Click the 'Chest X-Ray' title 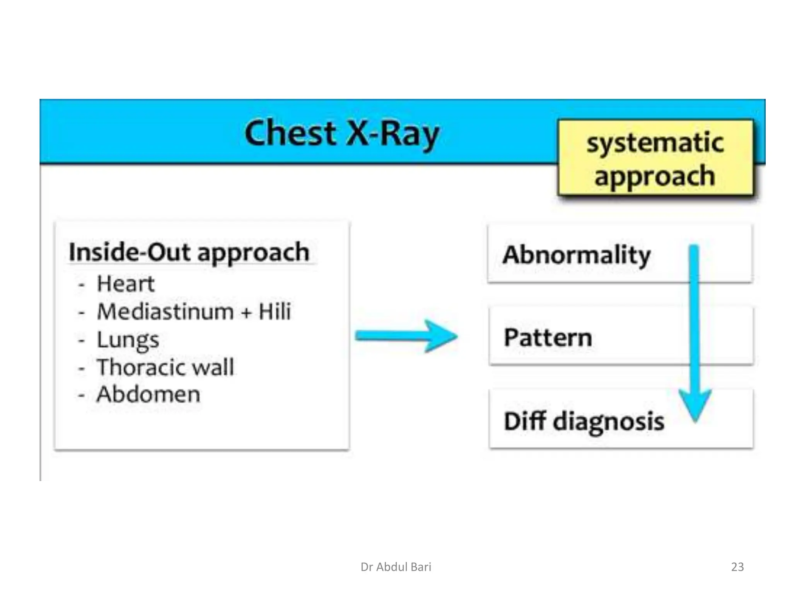coord(342,133)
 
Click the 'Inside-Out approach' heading coord(189,253)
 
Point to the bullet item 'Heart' coord(126,283)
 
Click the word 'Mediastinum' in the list coord(165,312)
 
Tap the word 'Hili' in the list coord(275,311)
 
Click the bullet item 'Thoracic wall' coord(165,367)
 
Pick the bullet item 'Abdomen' coord(148,394)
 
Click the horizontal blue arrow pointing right coord(406,336)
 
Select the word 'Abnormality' coord(576,255)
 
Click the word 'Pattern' coord(548,338)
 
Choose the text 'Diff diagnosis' coord(584,421)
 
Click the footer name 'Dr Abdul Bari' coord(396,567)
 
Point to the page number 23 coord(737,567)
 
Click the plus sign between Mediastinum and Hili coord(246,313)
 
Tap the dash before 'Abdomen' coord(81,396)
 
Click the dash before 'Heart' coord(81,285)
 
